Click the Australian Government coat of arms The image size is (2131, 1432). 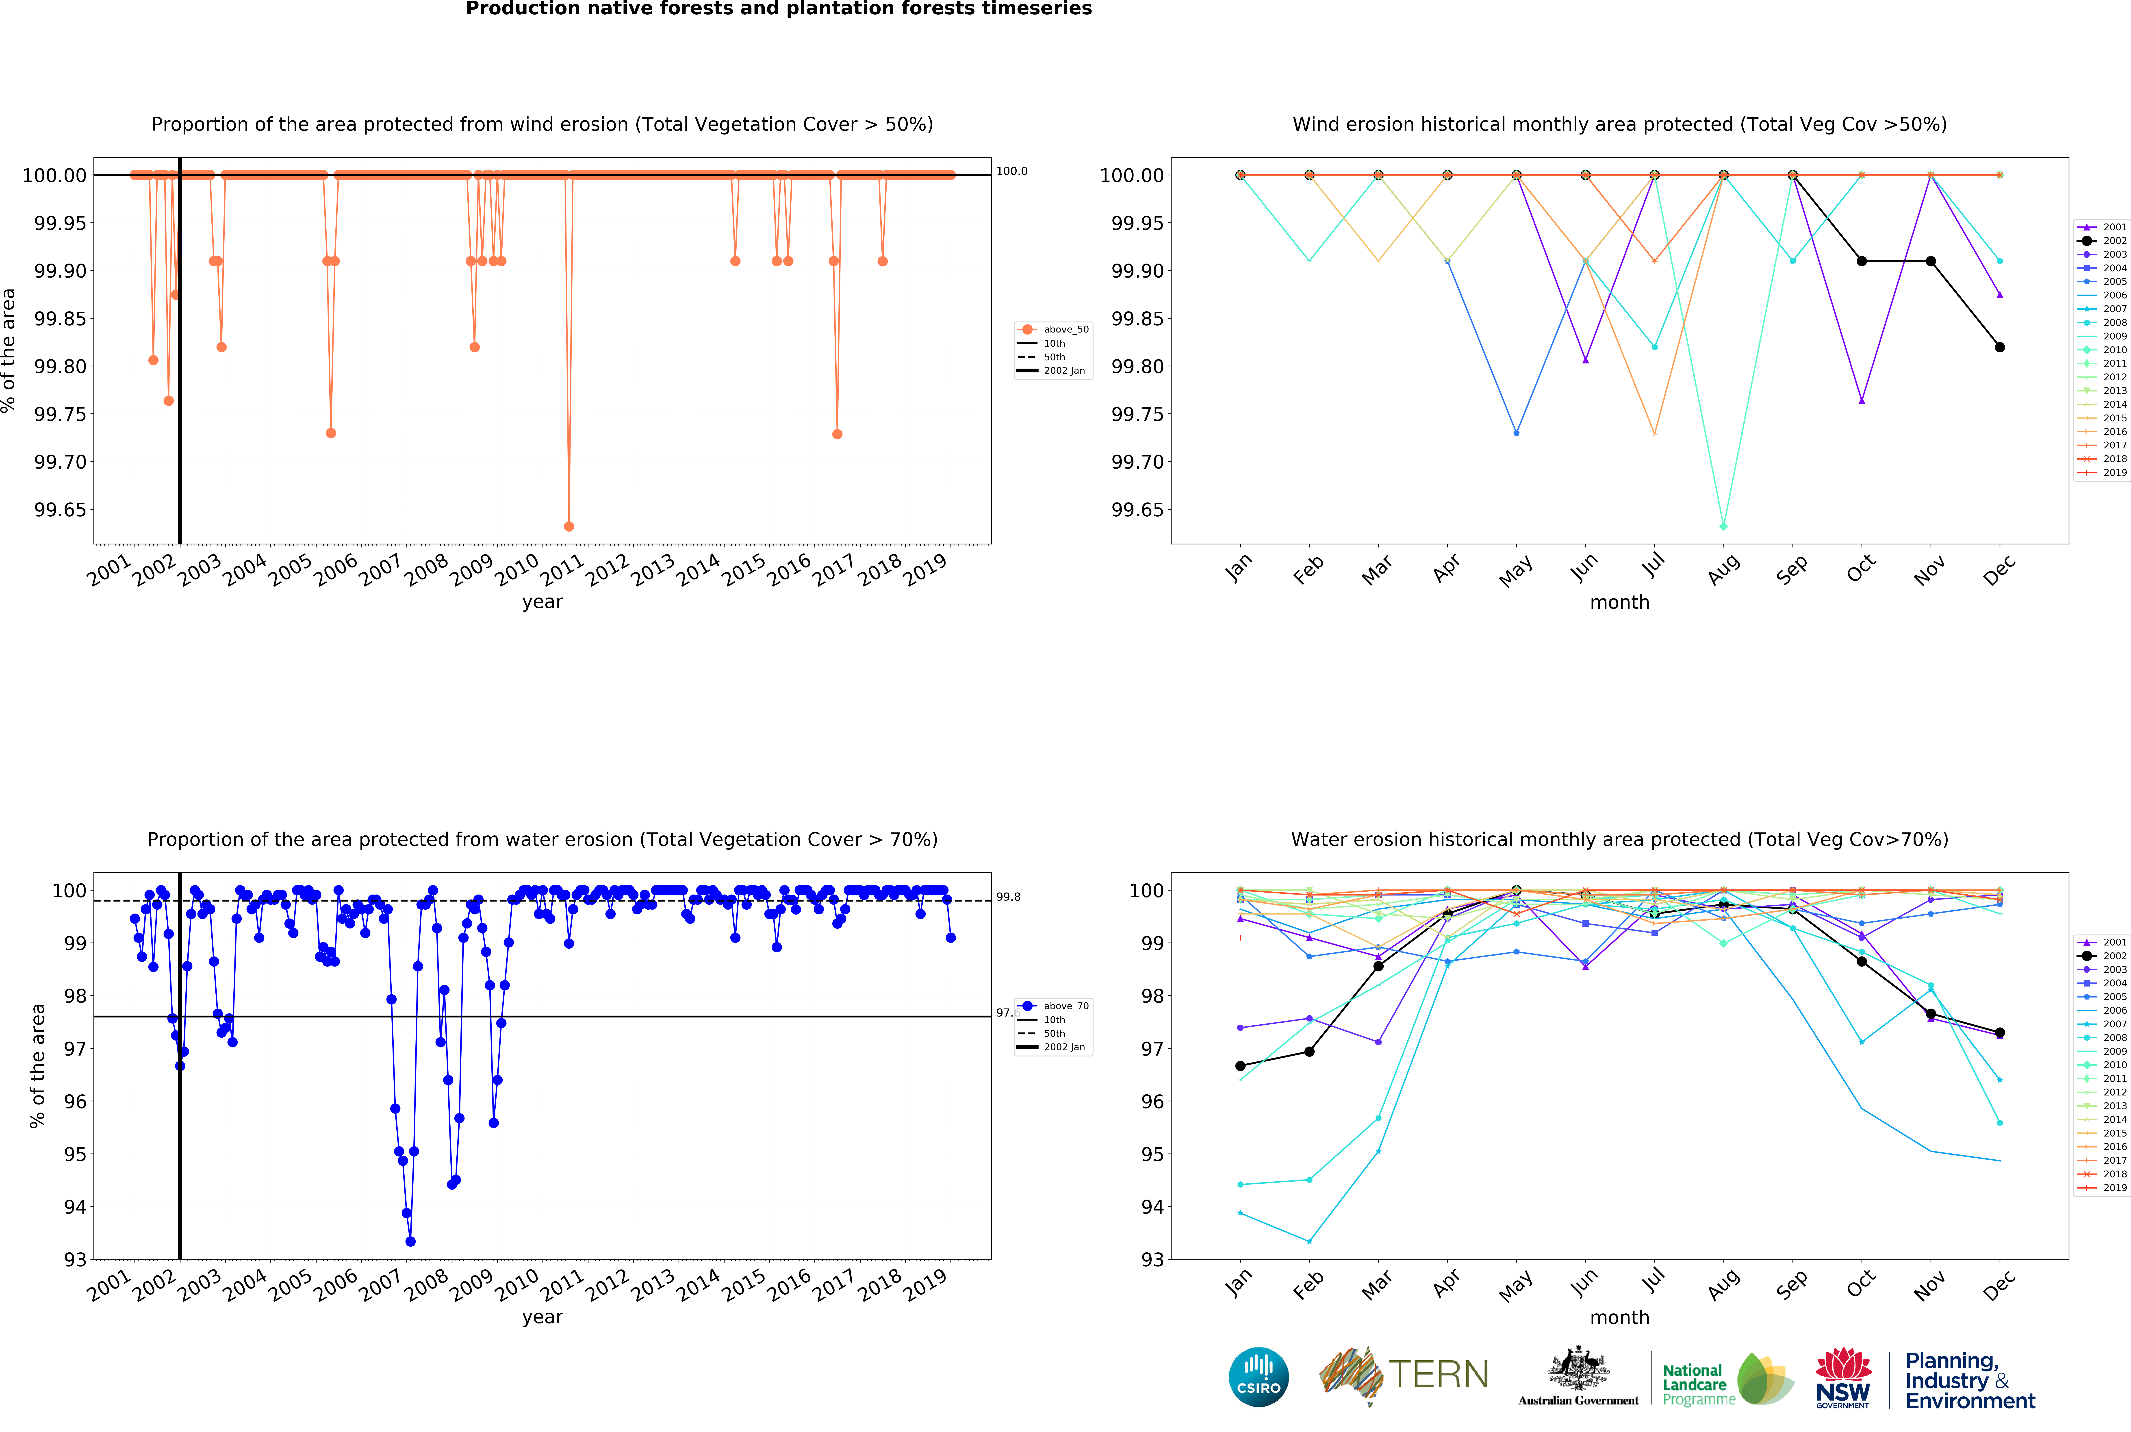[1578, 1370]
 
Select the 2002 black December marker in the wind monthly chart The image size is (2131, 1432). [2000, 347]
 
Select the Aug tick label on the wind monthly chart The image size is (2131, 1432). [1723, 569]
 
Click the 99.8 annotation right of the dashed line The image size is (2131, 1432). [1008, 897]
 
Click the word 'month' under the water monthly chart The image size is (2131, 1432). [1619, 1317]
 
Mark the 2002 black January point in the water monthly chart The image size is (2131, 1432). [1240, 1066]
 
